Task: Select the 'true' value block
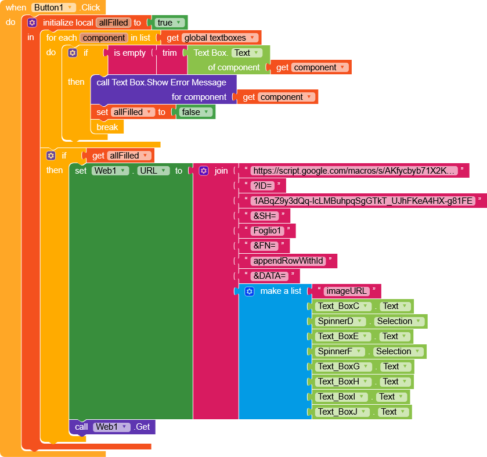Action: point(169,23)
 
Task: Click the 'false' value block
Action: point(194,112)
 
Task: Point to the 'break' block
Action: point(107,127)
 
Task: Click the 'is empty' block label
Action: point(129,53)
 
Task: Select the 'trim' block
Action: point(169,53)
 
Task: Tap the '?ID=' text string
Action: point(264,186)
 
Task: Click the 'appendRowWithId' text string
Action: point(288,261)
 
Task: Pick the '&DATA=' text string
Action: point(270,276)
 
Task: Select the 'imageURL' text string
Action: point(346,291)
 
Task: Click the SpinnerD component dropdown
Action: point(340,321)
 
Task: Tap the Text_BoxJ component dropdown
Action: point(342,412)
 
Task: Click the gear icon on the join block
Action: point(203,171)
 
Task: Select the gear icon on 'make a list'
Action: point(249,291)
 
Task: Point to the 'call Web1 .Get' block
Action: point(113,427)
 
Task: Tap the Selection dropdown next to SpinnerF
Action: point(397,351)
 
